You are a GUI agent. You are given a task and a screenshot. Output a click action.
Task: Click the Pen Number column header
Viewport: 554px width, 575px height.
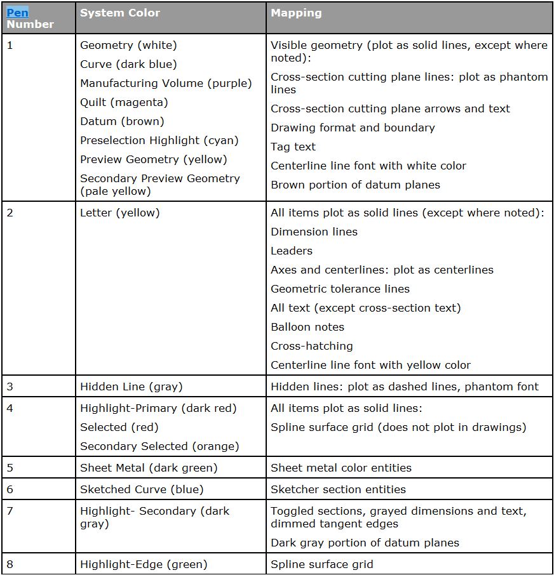[x=30, y=18]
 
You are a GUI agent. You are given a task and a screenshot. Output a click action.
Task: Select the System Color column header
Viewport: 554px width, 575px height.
[x=120, y=13]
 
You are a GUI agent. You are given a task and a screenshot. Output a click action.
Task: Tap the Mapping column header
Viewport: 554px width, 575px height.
[x=296, y=13]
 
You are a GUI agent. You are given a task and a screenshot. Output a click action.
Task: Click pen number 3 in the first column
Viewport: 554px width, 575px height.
[x=10, y=387]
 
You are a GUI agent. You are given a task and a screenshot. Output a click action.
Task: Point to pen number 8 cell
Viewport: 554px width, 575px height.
[x=10, y=564]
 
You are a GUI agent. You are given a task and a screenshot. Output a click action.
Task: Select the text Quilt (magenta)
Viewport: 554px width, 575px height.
[x=124, y=102]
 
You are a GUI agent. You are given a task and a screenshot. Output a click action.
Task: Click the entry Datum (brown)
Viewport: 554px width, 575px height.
[x=122, y=121]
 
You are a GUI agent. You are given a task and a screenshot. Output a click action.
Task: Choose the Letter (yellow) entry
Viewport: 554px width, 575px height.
[x=120, y=213]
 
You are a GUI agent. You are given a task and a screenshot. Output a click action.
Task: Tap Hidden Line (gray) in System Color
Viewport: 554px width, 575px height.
[x=132, y=387]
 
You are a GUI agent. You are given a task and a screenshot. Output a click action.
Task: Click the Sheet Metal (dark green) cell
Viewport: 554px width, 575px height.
[x=149, y=468]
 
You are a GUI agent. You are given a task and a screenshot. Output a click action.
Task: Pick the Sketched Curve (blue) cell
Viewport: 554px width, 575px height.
[x=142, y=489]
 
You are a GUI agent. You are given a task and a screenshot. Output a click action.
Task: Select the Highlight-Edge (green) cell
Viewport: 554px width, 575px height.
[x=144, y=564]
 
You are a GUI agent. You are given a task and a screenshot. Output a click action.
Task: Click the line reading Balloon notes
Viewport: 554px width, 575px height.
[x=307, y=327]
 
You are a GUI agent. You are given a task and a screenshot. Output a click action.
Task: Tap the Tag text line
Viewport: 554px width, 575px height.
[x=293, y=147]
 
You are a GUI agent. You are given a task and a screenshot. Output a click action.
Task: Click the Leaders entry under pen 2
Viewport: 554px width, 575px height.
[x=292, y=251]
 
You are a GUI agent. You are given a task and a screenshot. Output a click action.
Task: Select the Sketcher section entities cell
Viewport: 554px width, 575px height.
[x=338, y=489]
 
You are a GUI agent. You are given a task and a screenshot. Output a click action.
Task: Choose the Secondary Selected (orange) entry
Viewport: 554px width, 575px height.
[x=159, y=446]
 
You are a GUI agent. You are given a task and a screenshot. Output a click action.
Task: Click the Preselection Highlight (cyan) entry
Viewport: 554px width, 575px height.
[x=159, y=140]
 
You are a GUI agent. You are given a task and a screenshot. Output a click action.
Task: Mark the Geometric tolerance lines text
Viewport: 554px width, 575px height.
[x=340, y=289]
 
